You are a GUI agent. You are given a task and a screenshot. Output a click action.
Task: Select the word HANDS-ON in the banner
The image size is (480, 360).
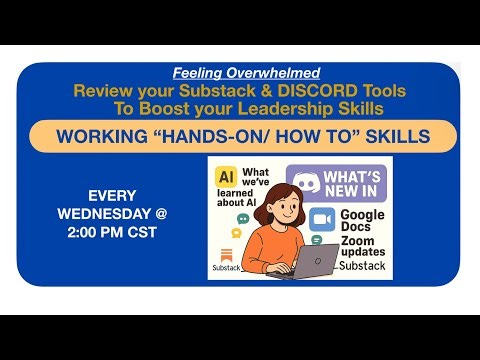point(222,136)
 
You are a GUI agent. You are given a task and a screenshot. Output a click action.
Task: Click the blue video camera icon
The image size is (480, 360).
point(322,221)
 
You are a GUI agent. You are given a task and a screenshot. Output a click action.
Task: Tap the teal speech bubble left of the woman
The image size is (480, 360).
point(241,219)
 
